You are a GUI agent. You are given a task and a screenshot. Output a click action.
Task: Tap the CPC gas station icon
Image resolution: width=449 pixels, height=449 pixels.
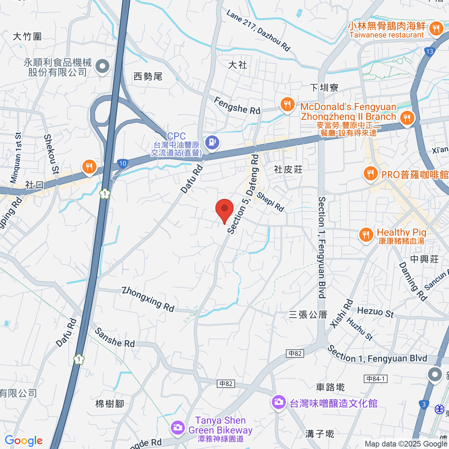[212, 142]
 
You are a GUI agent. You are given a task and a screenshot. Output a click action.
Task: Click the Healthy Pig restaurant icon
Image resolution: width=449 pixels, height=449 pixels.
[366, 235]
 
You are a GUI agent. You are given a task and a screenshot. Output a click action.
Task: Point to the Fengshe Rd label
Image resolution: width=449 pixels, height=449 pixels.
[237, 106]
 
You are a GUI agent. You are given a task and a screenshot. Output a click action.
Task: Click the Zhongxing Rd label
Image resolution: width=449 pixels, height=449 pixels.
[148, 299]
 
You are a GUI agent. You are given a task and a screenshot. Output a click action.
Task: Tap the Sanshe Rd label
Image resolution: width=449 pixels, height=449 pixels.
[114, 337]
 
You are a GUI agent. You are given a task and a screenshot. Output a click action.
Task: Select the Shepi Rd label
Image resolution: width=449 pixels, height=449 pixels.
[270, 202]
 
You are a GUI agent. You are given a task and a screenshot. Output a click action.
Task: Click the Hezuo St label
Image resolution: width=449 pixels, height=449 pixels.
[375, 312]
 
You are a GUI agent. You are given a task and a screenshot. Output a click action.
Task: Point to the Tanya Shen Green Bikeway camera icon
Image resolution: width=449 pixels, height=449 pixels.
[177, 427]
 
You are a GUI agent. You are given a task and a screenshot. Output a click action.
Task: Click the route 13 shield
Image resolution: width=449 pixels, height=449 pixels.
[429, 52]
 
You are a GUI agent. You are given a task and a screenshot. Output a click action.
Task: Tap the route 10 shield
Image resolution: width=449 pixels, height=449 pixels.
[123, 163]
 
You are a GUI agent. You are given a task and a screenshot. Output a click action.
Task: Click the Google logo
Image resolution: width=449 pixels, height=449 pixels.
[24, 440]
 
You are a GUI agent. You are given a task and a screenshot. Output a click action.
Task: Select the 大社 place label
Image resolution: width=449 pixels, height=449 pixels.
[238, 65]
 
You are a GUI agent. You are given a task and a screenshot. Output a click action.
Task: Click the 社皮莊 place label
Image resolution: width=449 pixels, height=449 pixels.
[288, 169]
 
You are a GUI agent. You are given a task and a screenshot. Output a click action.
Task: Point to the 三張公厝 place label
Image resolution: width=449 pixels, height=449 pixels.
[308, 315]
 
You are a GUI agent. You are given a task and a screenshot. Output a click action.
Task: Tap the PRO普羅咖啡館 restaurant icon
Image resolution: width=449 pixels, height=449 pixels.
[370, 174]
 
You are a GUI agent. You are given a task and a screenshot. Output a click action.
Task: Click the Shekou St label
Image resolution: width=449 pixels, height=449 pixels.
[51, 154]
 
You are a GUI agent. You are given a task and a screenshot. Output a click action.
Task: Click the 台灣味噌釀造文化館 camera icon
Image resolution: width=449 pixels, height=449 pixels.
[278, 402]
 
